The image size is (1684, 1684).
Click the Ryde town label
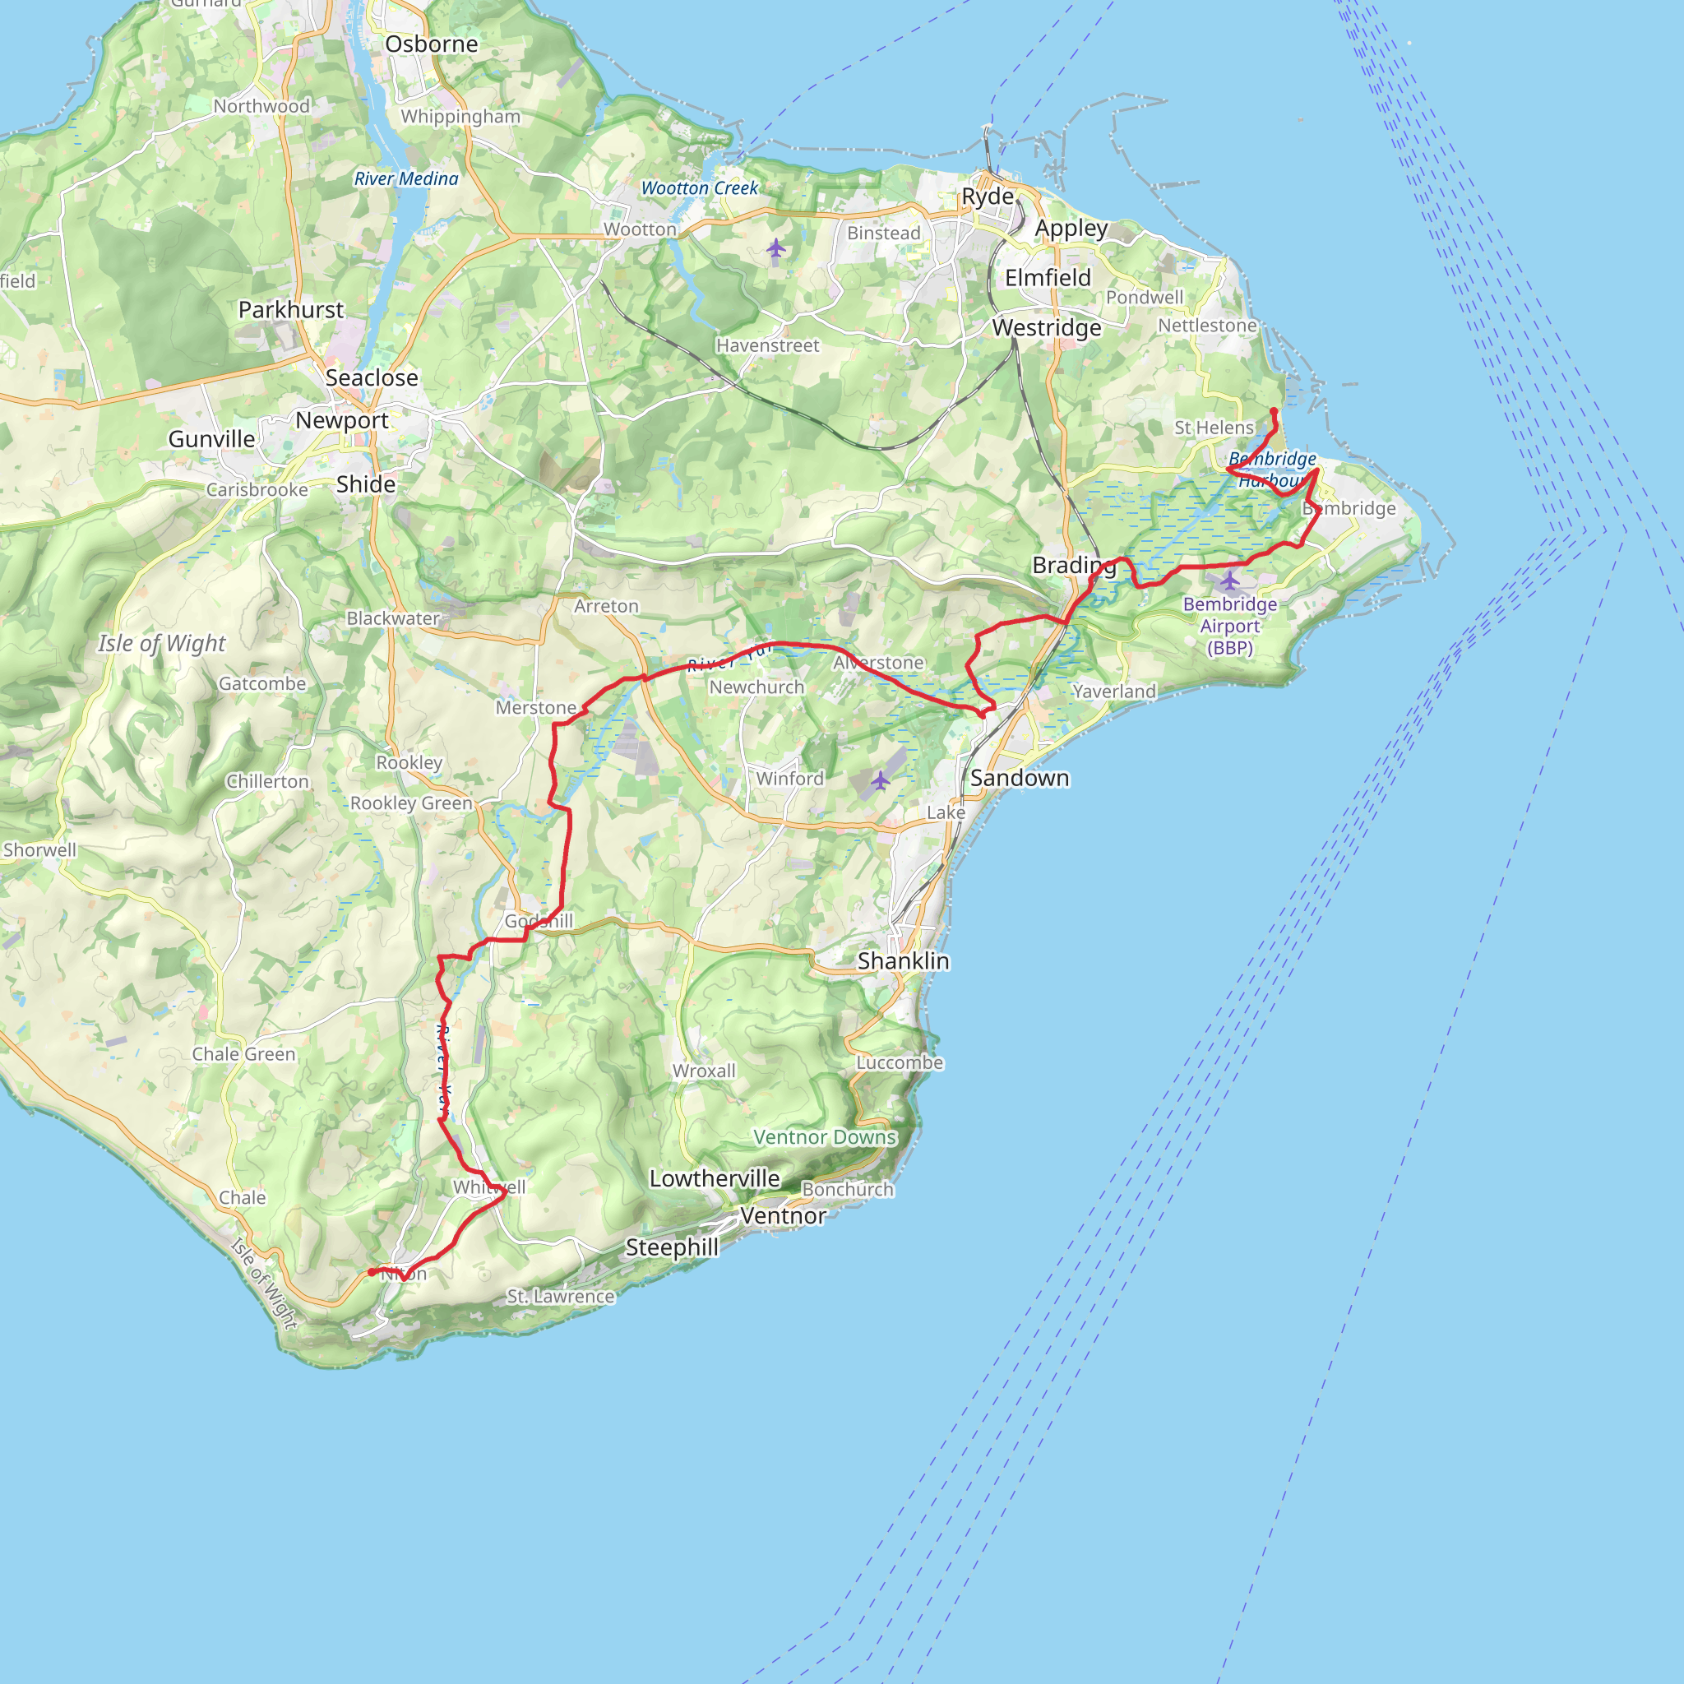point(987,197)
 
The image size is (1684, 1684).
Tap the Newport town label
point(342,420)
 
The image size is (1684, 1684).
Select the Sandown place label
point(1019,779)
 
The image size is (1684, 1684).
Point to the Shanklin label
point(903,960)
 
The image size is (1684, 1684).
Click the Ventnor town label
point(783,1216)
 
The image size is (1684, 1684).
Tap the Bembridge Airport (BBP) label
point(1230,626)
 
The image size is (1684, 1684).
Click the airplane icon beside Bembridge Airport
point(1229,580)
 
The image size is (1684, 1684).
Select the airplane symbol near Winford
point(881,780)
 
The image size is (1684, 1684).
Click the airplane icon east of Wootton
point(775,249)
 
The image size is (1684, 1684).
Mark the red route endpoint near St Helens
point(1274,411)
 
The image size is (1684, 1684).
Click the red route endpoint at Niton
point(372,1273)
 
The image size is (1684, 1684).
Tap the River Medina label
point(406,178)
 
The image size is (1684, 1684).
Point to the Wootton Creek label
point(700,188)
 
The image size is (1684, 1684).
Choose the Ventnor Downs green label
point(825,1137)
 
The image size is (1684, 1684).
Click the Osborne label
point(432,44)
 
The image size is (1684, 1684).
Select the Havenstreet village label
point(767,346)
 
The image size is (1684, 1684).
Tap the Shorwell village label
point(39,850)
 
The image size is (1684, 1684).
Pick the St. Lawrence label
point(561,1296)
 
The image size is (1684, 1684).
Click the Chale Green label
point(243,1054)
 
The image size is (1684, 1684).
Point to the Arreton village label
point(606,606)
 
